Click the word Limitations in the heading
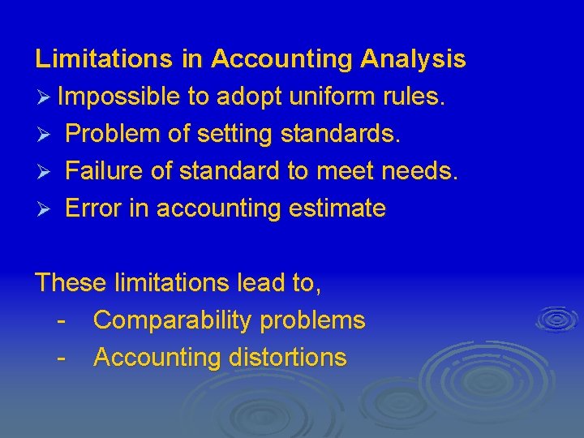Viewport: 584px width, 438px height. [x=103, y=59]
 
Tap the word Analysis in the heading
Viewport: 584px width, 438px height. [x=413, y=59]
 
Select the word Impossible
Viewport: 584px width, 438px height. [x=119, y=97]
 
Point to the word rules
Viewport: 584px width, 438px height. [x=416, y=97]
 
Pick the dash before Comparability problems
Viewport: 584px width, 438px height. [x=62, y=320]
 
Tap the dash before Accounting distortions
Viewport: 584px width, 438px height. [x=62, y=358]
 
